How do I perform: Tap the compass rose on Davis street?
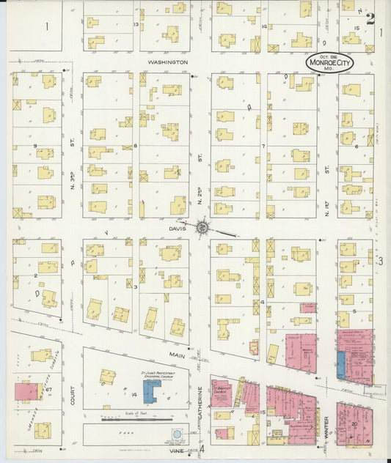(204, 228)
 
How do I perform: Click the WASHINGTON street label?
(168, 62)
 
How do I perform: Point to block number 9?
(35, 146)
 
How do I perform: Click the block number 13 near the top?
(136, 25)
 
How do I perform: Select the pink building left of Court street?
(26, 391)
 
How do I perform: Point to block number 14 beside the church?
(135, 394)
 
